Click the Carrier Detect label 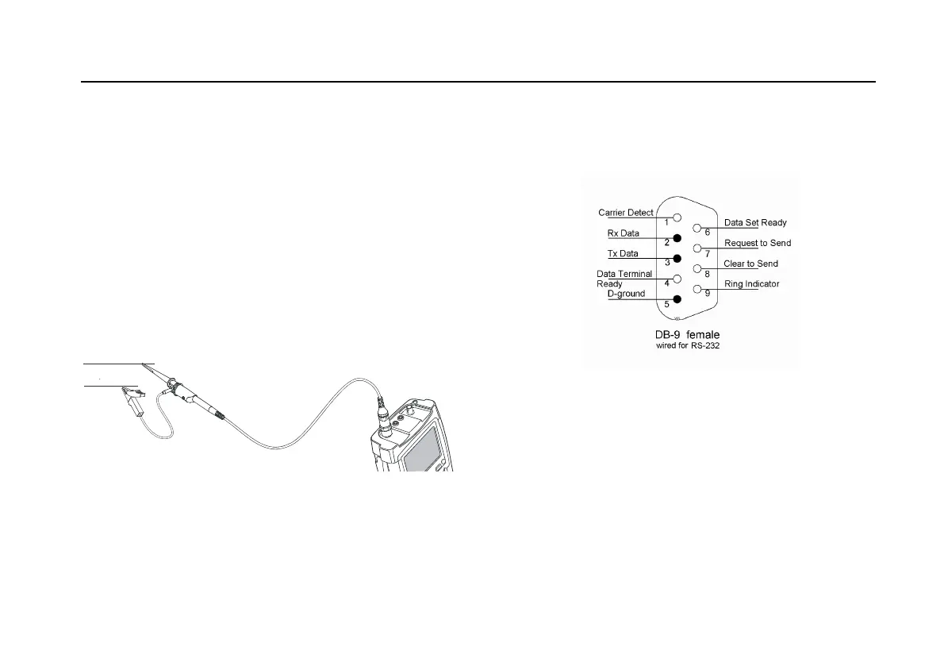(x=626, y=212)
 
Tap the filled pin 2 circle (x=677, y=237)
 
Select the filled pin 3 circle (x=677, y=258)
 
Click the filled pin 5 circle (x=677, y=298)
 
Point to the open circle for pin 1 (x=677, y=217)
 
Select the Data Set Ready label (x=755, y=223)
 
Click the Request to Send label (x=758, y=243)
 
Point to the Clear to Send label (x=751, y=264)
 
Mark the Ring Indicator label (x=752, y=283)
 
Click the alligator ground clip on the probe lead (x=130, y=402)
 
